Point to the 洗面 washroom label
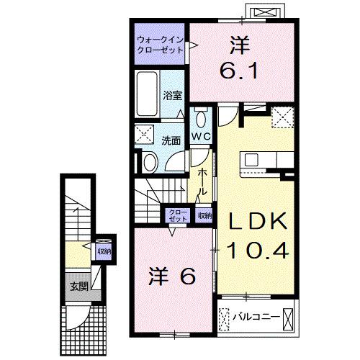click(x=170, y=140)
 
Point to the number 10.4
click(x=258, y=250)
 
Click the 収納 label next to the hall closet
click(x=204, y=215)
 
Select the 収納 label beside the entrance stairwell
click(x=104, y=251)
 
